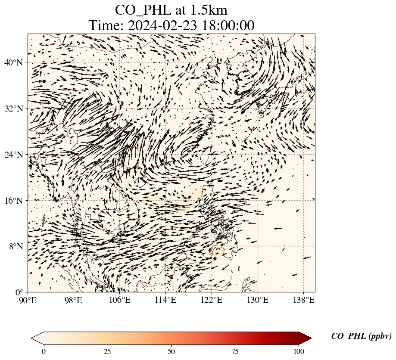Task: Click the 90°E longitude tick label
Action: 28,300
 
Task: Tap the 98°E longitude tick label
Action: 74,300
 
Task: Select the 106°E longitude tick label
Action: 120,300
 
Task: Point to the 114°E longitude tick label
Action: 166,300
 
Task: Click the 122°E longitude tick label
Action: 212,300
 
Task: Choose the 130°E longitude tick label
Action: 258,300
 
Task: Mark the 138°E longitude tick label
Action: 304,300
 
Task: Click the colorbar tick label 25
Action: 107,351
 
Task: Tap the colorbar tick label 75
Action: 235,351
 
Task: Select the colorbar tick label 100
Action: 299,351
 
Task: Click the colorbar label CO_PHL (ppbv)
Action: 361,336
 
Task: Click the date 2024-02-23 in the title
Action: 161,25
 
